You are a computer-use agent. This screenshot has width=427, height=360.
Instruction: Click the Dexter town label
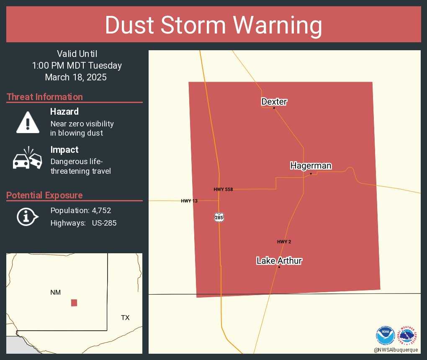coord(274,102)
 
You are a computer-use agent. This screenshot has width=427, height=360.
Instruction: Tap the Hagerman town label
coord(311,166)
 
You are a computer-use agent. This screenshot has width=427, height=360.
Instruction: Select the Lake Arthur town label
coord(279,261)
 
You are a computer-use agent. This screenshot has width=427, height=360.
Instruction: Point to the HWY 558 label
coord(223,190)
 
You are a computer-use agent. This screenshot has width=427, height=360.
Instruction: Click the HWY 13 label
coord(189,201)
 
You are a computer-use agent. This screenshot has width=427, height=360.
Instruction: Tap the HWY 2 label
coord(284,242)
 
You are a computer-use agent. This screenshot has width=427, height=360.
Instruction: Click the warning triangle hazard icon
coord(28,122)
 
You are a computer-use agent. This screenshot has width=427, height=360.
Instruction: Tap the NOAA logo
coord(385,335)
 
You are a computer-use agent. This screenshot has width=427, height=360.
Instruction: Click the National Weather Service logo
coord(407,335)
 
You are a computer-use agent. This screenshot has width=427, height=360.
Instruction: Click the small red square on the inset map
coord(74,303)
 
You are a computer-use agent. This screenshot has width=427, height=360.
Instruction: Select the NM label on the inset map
coord(56,293)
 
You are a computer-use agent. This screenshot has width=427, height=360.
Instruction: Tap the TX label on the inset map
coord(125,318)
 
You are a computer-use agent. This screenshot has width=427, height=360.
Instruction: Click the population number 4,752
coord(101,211)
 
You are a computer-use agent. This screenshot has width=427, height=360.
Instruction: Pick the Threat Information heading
coord(45,97)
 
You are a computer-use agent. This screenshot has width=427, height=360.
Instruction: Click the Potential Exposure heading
coord(44,195)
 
